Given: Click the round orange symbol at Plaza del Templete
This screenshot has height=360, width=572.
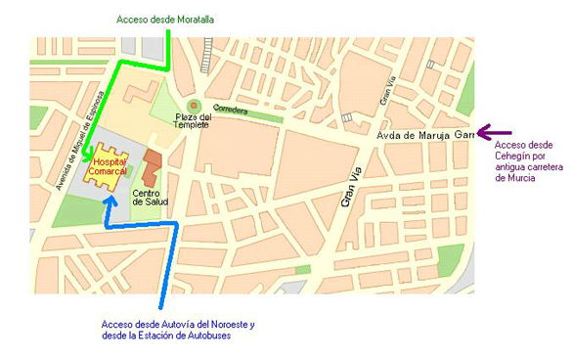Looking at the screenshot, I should pos(194,104).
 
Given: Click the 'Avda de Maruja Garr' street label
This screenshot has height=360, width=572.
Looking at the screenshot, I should pos(426,134).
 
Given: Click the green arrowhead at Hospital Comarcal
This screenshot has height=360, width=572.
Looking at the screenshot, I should pos(87,153).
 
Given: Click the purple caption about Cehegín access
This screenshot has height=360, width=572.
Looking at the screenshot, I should pos(515,161).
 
